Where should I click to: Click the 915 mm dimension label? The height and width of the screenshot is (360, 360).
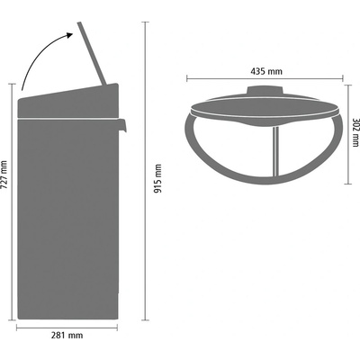coord(158,178)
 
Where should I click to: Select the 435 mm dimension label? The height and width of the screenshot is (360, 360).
coord(266,72)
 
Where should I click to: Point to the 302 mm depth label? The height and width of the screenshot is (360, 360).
coord(355,131)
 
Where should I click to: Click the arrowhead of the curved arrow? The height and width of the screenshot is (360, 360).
coord(69,35)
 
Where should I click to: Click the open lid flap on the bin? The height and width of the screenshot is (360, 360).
coord(92,54)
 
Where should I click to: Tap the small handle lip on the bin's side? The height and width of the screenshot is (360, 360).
coord(122,125)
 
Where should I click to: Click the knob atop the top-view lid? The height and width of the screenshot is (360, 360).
coord(265,91)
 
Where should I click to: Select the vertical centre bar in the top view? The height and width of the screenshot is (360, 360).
coord(275,151)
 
